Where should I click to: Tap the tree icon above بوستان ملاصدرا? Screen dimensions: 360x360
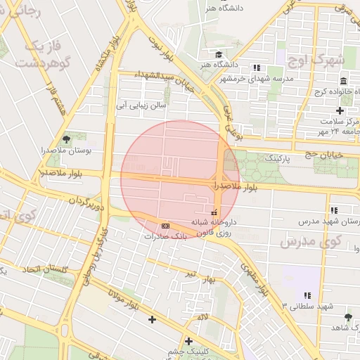(x=66, y=139)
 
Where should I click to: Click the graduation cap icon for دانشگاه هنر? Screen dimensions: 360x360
(x=219, y=54)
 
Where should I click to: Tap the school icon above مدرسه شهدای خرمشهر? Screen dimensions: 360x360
(x=257, y=68)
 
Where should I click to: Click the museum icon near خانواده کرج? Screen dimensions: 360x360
(x=342, y=82)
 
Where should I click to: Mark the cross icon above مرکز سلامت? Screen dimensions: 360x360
(x=340, y=110)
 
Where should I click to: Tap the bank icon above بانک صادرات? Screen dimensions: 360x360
(x=165, y=226)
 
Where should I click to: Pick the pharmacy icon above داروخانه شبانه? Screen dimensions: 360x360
(x=214, y=212)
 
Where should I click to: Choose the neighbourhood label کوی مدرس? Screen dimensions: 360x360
(x=310, y=241)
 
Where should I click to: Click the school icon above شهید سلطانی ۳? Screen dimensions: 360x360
(x=307, y=295)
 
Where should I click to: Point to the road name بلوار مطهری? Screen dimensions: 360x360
(x=255, y=278)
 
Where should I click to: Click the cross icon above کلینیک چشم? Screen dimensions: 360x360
(x=188, y=341)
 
